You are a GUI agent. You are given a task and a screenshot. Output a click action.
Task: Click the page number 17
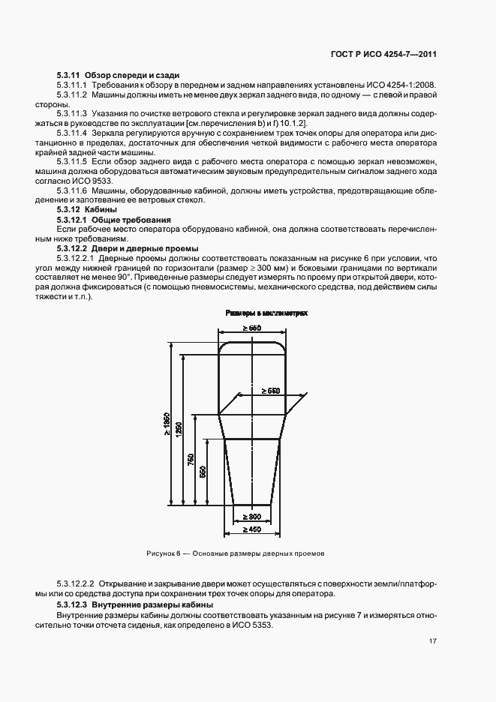pos(433,641)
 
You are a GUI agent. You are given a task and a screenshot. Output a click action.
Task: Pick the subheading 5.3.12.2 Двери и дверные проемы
pos(127,248)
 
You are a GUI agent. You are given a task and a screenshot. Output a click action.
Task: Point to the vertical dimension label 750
pos(191,458)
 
